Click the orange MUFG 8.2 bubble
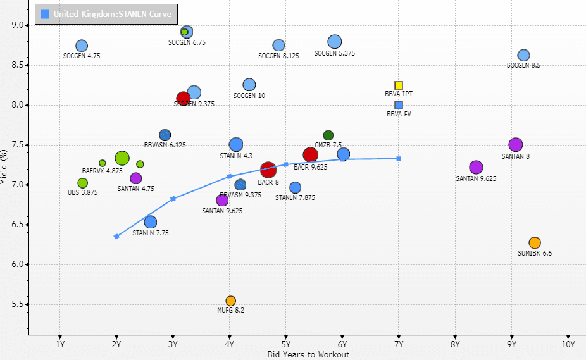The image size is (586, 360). coord(230,301)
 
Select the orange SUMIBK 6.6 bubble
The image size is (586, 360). coord(535,243)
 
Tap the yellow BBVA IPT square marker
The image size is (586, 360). coord(399,85)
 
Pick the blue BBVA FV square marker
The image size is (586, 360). coord(399,105)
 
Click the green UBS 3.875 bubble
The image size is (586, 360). coord(82,183)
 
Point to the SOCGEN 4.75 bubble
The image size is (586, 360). coord(82,46)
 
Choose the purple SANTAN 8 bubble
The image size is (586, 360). coord(515,145)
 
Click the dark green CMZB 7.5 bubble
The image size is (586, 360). coord(328,135)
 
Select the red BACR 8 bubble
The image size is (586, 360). coord(268,170)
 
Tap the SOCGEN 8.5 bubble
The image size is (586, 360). coord(523,56)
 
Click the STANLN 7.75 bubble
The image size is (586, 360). coord(151,222)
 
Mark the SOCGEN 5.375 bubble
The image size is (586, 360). coord(335,42)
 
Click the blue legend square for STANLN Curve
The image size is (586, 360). coord(45,14)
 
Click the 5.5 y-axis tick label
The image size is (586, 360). coord(15,304)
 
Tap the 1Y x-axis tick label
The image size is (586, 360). coord(59,345)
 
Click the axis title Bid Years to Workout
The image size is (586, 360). coord(308,355)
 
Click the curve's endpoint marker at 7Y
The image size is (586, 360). coord(399,159)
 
